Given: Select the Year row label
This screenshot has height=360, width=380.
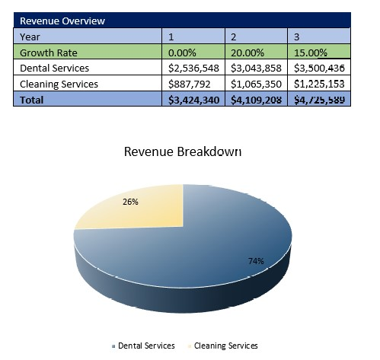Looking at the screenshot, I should point(30,37).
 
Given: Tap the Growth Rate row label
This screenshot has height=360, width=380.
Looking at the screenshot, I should point(49,53).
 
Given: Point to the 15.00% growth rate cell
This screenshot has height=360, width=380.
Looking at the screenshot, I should point(312,53).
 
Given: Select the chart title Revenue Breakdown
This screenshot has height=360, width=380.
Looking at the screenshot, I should point(182,152).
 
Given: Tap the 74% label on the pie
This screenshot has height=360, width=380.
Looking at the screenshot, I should point(255,261).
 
